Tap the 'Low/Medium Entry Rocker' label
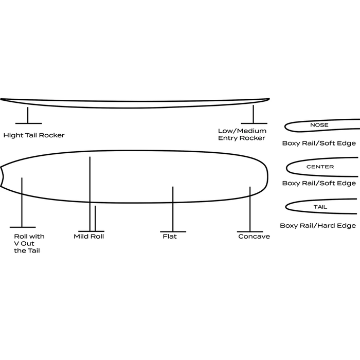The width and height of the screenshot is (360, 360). tap(242, 134)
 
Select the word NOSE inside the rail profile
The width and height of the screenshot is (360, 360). tap(319, 125)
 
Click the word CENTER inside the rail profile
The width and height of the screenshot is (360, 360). tap(320, 167)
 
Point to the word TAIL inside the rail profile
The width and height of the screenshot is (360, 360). tap(320, 207)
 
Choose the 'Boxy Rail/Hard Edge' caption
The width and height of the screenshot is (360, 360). tap(318, 225)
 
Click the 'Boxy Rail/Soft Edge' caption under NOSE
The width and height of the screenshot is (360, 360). tap(319, 143)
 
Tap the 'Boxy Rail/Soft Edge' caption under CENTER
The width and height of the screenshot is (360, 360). tap(319, 183)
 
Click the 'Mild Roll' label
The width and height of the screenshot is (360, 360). tap(89, 237)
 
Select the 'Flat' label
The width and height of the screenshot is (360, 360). tap(169, 237)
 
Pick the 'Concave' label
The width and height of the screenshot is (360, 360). tap(254, 237)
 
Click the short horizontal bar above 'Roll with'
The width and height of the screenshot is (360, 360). tap(22, 227)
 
